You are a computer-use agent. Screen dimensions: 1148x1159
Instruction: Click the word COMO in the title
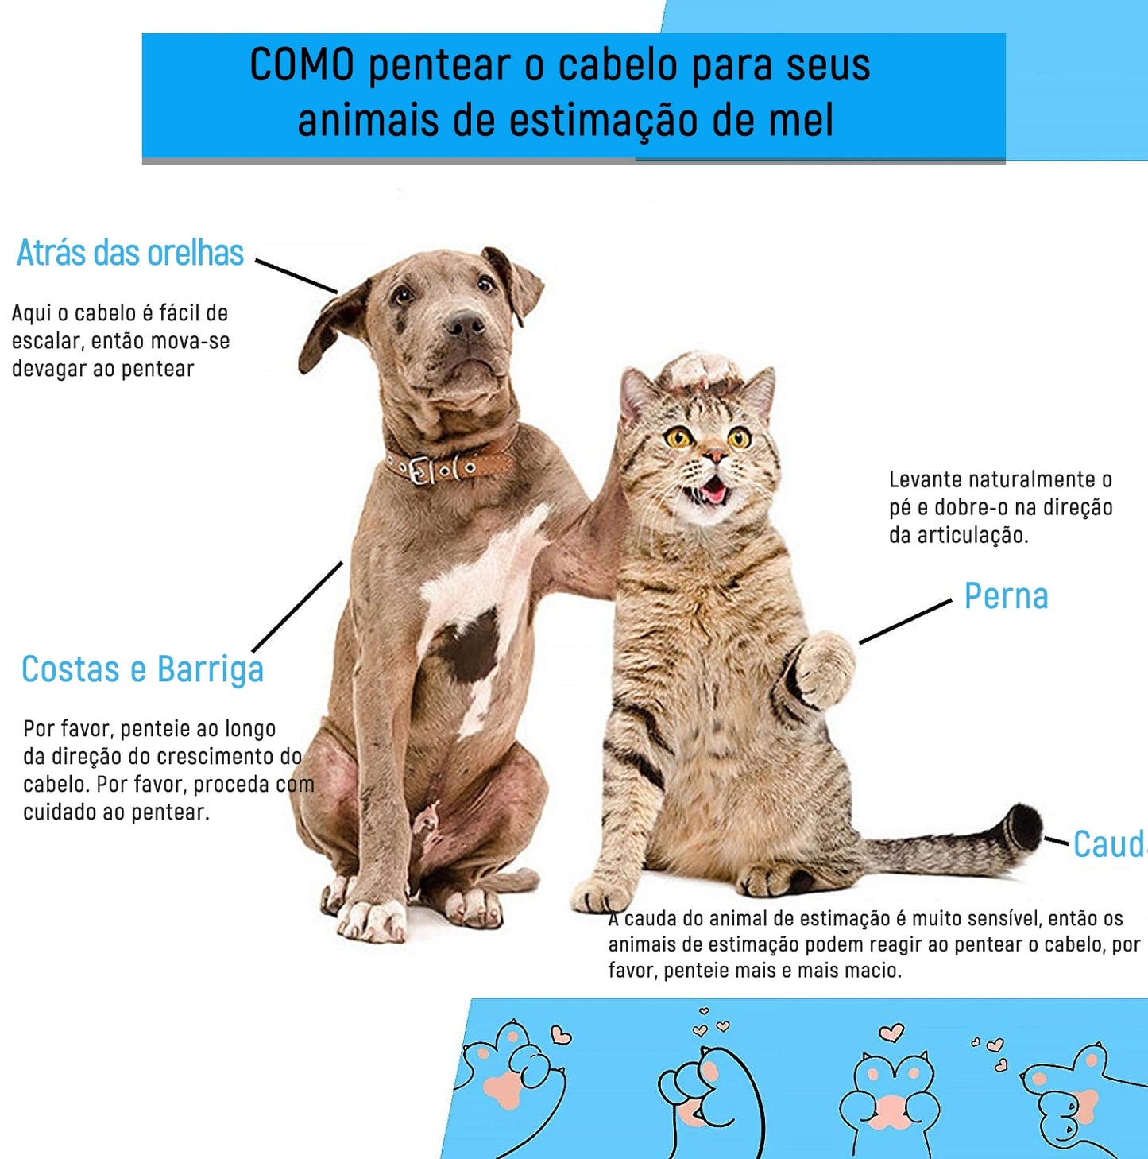[302, 65]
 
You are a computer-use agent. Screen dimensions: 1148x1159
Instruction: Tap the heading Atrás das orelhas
[129, 253]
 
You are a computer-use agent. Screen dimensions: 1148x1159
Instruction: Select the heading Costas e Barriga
[142, 669]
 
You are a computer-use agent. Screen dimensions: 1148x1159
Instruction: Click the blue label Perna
[1006, 596]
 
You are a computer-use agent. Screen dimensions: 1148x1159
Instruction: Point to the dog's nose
[465, 324]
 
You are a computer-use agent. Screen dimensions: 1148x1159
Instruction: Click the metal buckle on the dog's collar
[423, 470]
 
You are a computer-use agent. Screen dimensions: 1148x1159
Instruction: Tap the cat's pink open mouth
[713, 490]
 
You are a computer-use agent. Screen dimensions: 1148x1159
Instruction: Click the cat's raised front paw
[824, 669]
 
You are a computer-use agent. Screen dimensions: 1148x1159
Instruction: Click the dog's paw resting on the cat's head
[697, 370]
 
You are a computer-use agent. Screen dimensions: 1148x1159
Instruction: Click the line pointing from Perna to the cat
[905, 622]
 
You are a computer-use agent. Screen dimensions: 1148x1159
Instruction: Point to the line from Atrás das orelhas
[296, 277]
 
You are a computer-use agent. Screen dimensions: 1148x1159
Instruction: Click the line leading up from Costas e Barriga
[297, 607]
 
